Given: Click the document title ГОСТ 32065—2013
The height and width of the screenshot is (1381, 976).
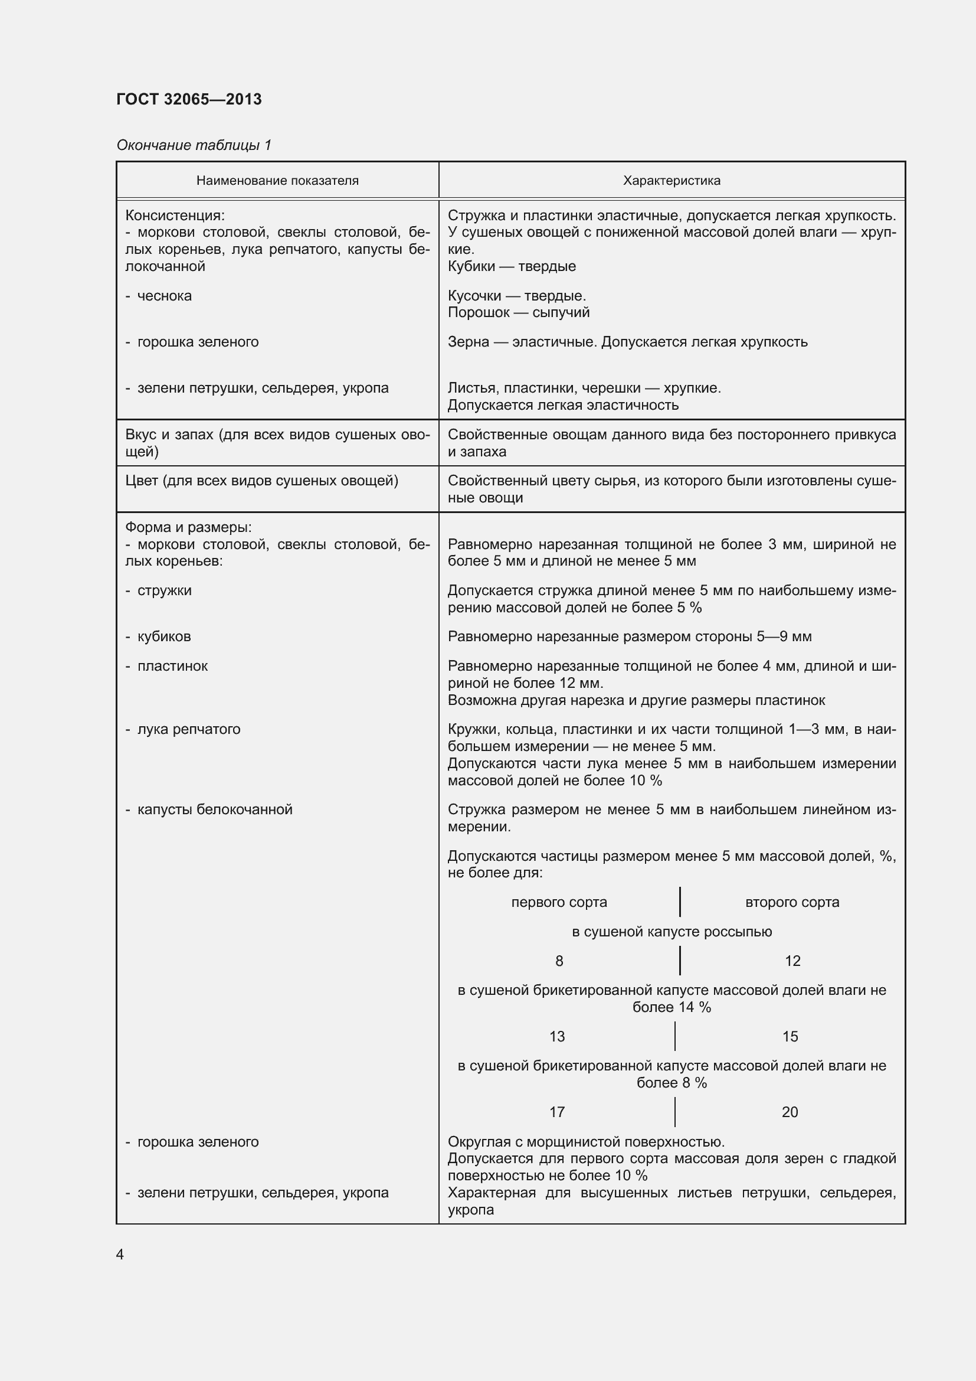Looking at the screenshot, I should click(x=189, y=99).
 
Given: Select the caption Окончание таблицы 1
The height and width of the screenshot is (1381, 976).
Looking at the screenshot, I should click(x=194, y=145).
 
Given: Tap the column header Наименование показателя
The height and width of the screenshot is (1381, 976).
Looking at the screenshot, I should click(x=277, y=181).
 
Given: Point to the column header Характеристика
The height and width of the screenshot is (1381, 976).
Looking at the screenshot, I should click(x=672, y=181).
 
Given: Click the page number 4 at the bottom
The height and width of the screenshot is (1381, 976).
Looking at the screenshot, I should click(x=120, y=1254).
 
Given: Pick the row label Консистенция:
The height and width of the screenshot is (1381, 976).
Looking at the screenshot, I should click(x=175, y=216).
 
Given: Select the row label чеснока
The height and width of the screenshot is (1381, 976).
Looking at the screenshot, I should click(x=164, y=296).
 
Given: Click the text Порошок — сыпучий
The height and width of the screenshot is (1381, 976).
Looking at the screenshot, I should click(x=518, y=313).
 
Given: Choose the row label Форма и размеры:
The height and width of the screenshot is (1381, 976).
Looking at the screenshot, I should click(x=188, y=527).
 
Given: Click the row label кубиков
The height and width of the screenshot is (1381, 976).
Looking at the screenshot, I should click(x=163, y=636).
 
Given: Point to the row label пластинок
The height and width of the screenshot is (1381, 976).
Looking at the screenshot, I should click(x=172, y=666).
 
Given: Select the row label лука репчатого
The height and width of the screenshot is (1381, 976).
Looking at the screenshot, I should click(x=188, y=729).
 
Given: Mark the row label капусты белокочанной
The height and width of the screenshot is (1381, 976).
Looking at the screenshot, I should click(x=215, y=809).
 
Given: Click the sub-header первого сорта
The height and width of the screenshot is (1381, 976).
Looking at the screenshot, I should click(x=559, y=902).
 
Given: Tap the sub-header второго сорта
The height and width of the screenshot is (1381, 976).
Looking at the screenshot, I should click(x=792, y=902).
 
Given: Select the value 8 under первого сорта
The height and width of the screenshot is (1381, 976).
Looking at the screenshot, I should click(x=559, y=961).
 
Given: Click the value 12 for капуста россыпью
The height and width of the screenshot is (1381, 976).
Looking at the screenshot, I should click(x=792, y=961).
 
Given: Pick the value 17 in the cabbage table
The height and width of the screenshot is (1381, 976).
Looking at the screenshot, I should click(x=557, y=1112).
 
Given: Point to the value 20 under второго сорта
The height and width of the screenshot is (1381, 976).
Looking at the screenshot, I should click(x=790, y=1112).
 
